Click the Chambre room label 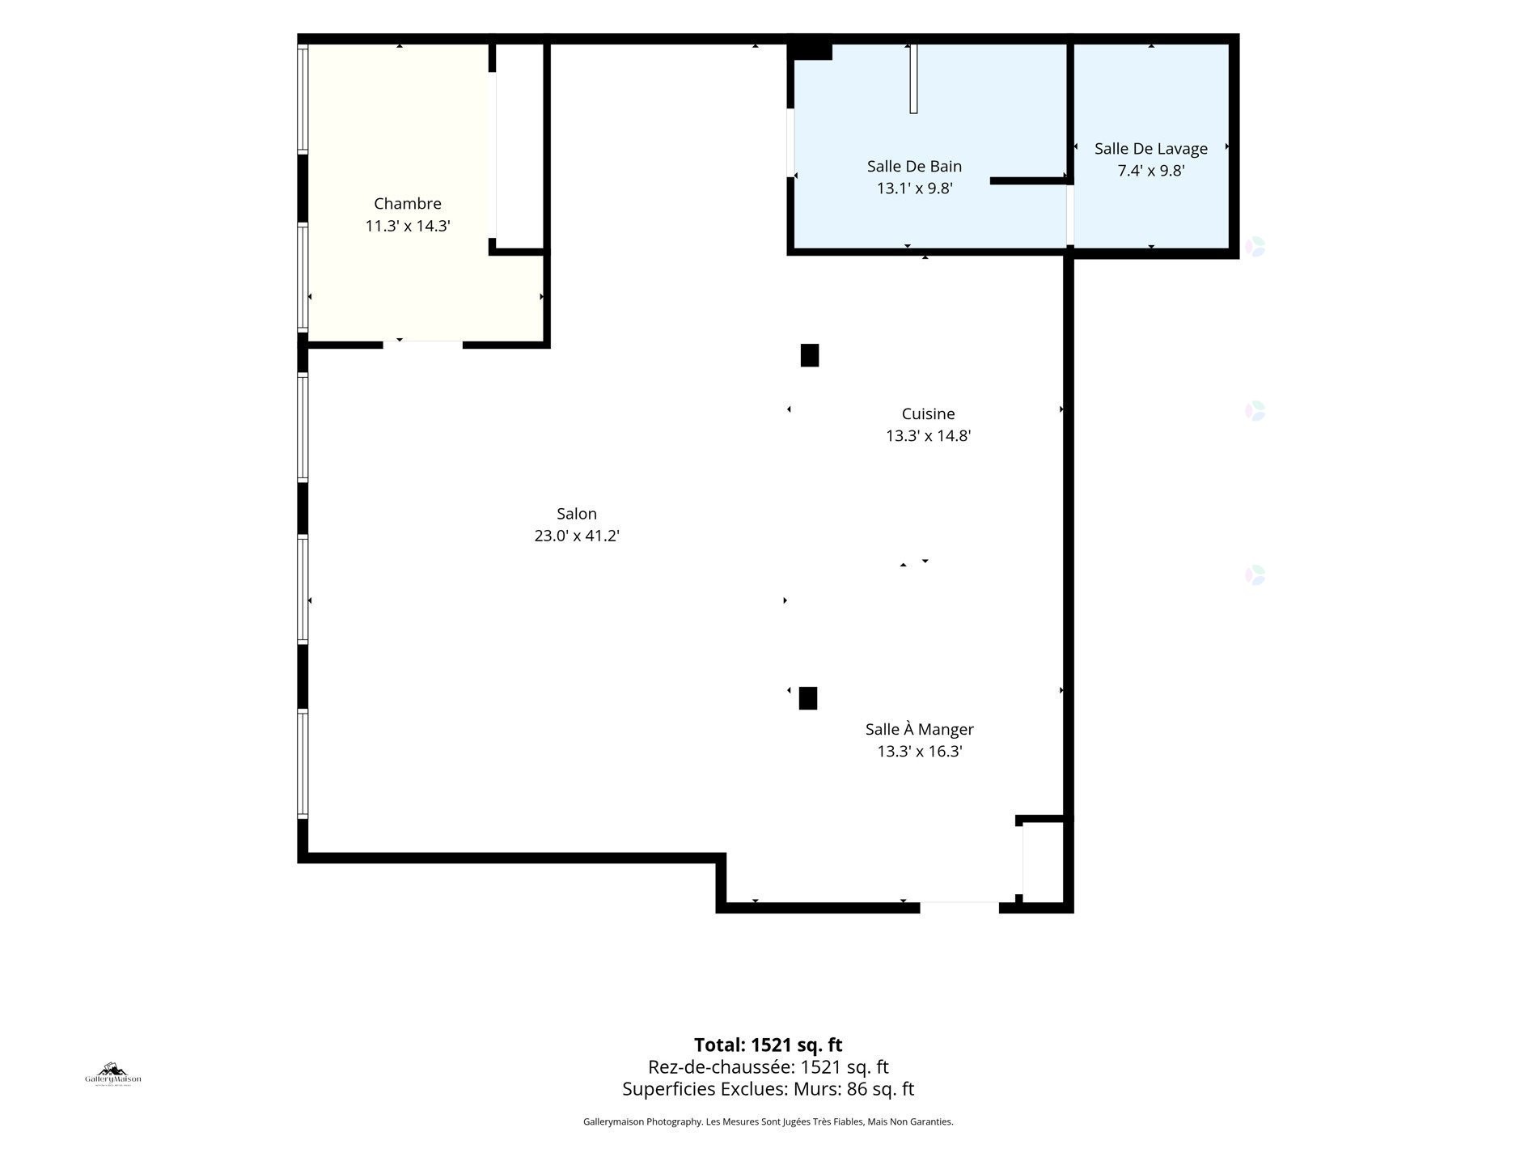pyautogui.click(x=408, y=204)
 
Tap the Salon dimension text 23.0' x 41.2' pyautogui.click(x=577, y=536)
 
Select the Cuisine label pyautogui.click(x=929, y=414)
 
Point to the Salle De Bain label pyautogui.click(x=915, y=167)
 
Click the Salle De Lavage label pyautogui.click(x=1151, y=149)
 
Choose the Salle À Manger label pyautogui.click(x=920, y=729)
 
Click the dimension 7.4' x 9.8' pyautogui.click(x=1151, y=171)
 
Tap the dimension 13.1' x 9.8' pyautogui.click(x=915, y=189)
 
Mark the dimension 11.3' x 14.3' pyautogui.click(x=408, y=226)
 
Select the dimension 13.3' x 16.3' pyautogui.click(x=920, y=752)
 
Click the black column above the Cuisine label pyautogui.click(x=810, y=355)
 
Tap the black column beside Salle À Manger pyautogui.click(x=808, y=698)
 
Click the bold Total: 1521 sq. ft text pyautogui.click(x=768, y=1045)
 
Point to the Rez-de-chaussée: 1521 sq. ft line pyautogui.click(x=768, y=1067)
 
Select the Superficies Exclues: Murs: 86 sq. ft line pyautogui.click(x=768, y=1089)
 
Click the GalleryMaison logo pyautogui.click(x=113, y=1075)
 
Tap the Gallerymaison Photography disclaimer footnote pyautogui.click(x=768, y=1121)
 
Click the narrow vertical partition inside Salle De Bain pyautogui.click(x=913, y=78)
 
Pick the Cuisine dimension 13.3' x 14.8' pyautogui.click(x=929, y=436)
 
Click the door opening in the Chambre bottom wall pyautogui.click(x=423, y=345)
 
